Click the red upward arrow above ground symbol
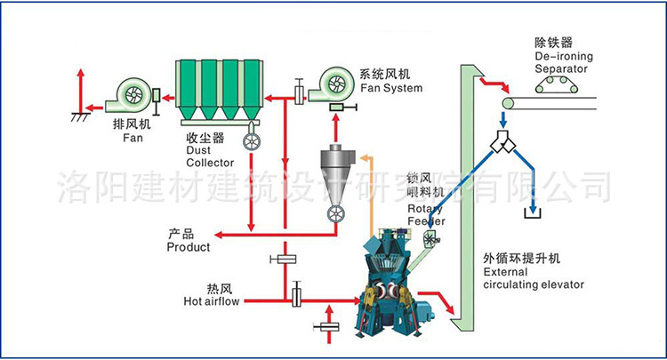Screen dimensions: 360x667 point(81,89)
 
